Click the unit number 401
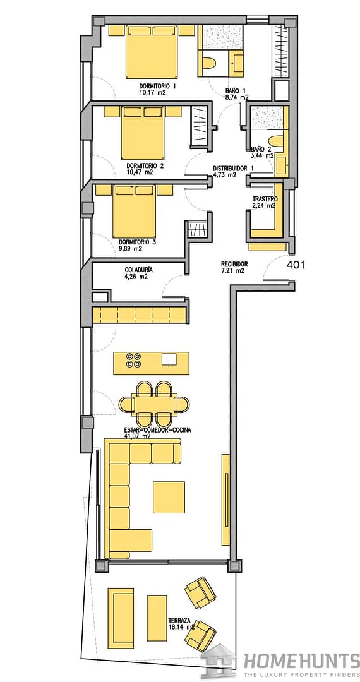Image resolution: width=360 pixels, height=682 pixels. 296,265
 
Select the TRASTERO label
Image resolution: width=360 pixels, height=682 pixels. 265,199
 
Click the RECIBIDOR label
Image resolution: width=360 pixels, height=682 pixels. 234,264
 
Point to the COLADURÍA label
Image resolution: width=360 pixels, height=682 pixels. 138,270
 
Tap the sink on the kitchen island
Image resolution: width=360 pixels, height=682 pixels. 170,359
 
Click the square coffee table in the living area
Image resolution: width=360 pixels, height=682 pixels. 169,497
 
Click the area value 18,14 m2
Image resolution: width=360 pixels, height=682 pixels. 182,628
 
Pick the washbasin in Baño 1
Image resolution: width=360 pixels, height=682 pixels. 237,61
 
